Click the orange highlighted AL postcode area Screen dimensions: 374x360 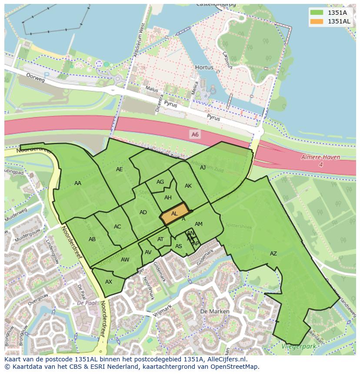tap(174, 214)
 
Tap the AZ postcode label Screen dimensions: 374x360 tap(273, 254)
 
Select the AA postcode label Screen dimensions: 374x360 tap(78, 183)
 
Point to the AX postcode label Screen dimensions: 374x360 tap(109, 282)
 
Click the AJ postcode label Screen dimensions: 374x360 tap(203, 167)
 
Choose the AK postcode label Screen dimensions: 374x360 tap(188, 186)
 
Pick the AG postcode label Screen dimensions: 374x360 tap(160, 182)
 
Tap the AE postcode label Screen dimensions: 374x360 tap(120, 169)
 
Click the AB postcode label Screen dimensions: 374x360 tap(92, 239)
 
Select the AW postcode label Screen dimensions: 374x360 tap(125, 260)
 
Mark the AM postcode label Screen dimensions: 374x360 tap(199, 224)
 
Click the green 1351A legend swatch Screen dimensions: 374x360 tap(317, 12)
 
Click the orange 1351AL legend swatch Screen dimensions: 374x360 tap(317, 21)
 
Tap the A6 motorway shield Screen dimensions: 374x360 tap(195, 135)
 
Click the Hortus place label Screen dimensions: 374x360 tap(204, 68)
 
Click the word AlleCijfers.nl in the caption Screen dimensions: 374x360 tap(222, 360)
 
